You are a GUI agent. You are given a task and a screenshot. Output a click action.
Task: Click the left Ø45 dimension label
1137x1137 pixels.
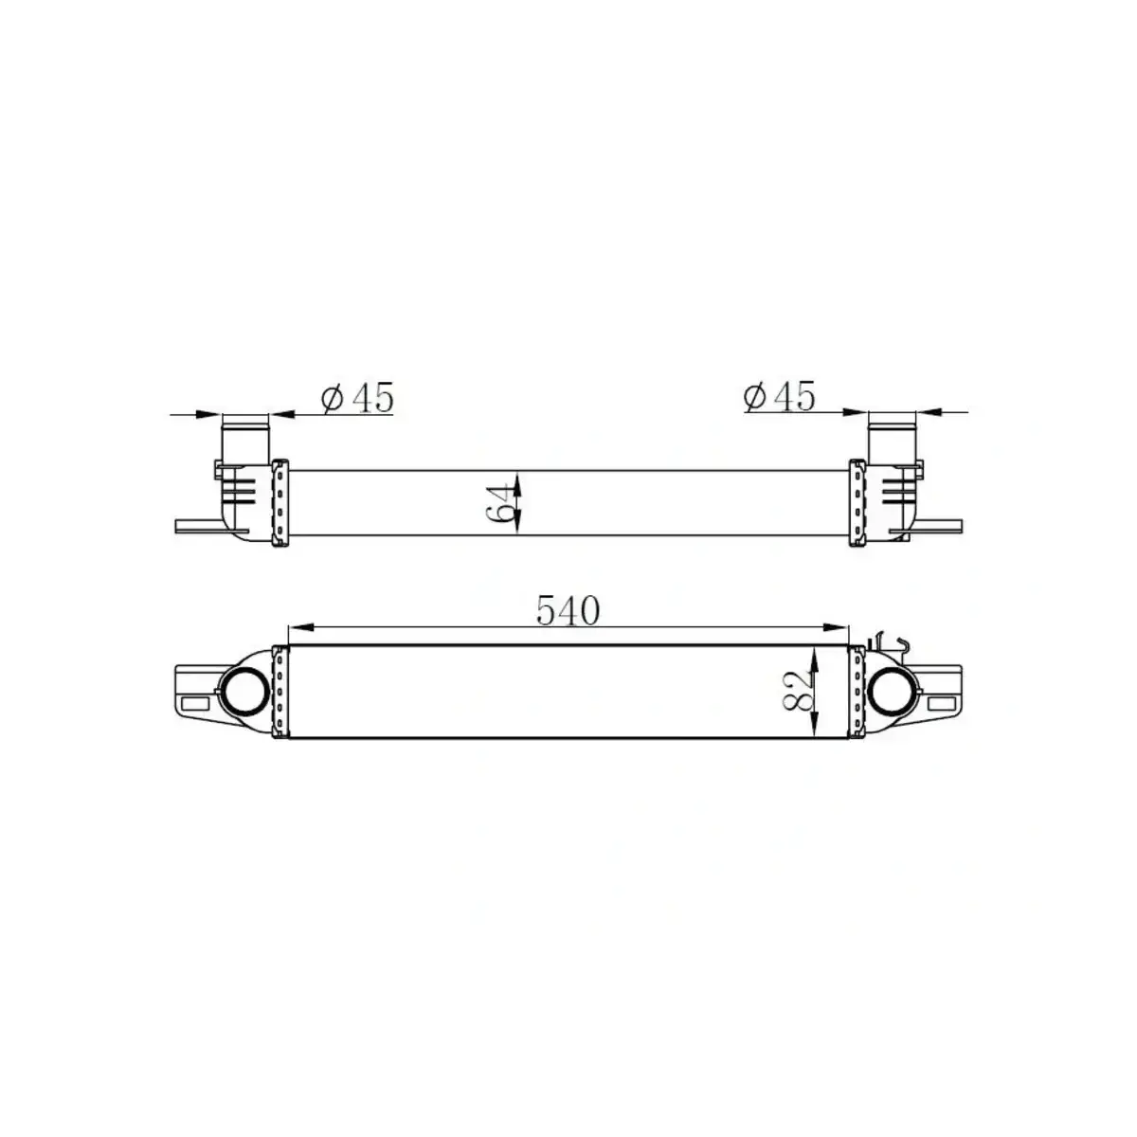357,399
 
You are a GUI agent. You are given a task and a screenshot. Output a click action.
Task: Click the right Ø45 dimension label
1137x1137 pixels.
779,397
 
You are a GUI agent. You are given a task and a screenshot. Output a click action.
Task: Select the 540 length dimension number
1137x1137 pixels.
568,611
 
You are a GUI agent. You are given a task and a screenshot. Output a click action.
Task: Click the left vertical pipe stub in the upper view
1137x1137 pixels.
245,437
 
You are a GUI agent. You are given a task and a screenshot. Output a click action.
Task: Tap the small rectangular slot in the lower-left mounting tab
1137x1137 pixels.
198,704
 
